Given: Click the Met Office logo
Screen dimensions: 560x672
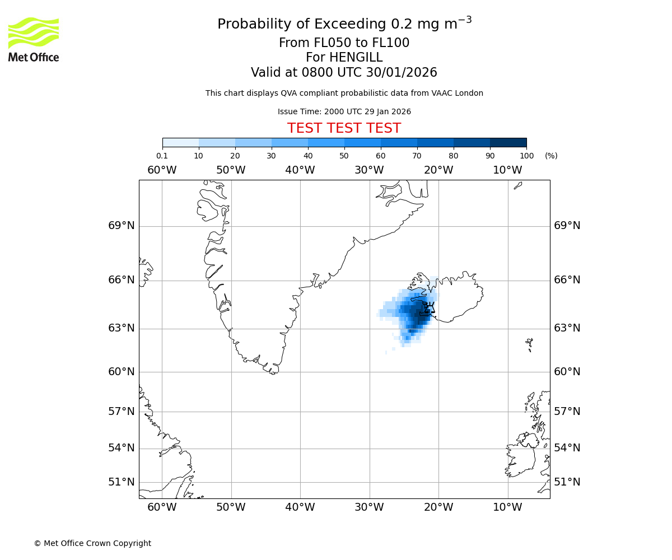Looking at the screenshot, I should coord(34,39).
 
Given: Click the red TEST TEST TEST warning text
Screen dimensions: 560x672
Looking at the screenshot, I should coord(344,128).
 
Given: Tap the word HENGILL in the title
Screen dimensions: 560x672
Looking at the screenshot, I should coord(355,58).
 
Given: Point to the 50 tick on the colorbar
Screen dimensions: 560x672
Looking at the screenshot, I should coord(344,156).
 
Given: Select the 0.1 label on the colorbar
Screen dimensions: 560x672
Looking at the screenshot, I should coord(162,156).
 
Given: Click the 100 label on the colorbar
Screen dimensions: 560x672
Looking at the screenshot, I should coord(526,156).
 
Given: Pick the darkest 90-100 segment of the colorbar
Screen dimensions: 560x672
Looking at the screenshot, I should coord(508,142).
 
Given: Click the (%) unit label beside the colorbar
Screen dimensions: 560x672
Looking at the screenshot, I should coord(551,156).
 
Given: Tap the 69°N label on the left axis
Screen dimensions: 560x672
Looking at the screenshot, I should coord(121,226).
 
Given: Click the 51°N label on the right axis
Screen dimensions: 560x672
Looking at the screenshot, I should coord(567,482).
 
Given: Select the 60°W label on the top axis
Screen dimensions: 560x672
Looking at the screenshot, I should coord(162,170).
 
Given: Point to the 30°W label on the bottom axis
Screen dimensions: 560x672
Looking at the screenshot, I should coord(369,507).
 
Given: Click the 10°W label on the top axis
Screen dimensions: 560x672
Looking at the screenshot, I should coord(507,170).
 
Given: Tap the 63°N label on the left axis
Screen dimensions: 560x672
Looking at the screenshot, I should coord(121,328).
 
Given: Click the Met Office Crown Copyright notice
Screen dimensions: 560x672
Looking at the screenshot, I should coord(92,543).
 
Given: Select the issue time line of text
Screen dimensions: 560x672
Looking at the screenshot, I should coord(344,111).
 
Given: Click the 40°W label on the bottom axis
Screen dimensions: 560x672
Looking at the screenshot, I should coord(300,507).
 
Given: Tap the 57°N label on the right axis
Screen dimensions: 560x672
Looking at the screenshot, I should coord(567,412).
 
